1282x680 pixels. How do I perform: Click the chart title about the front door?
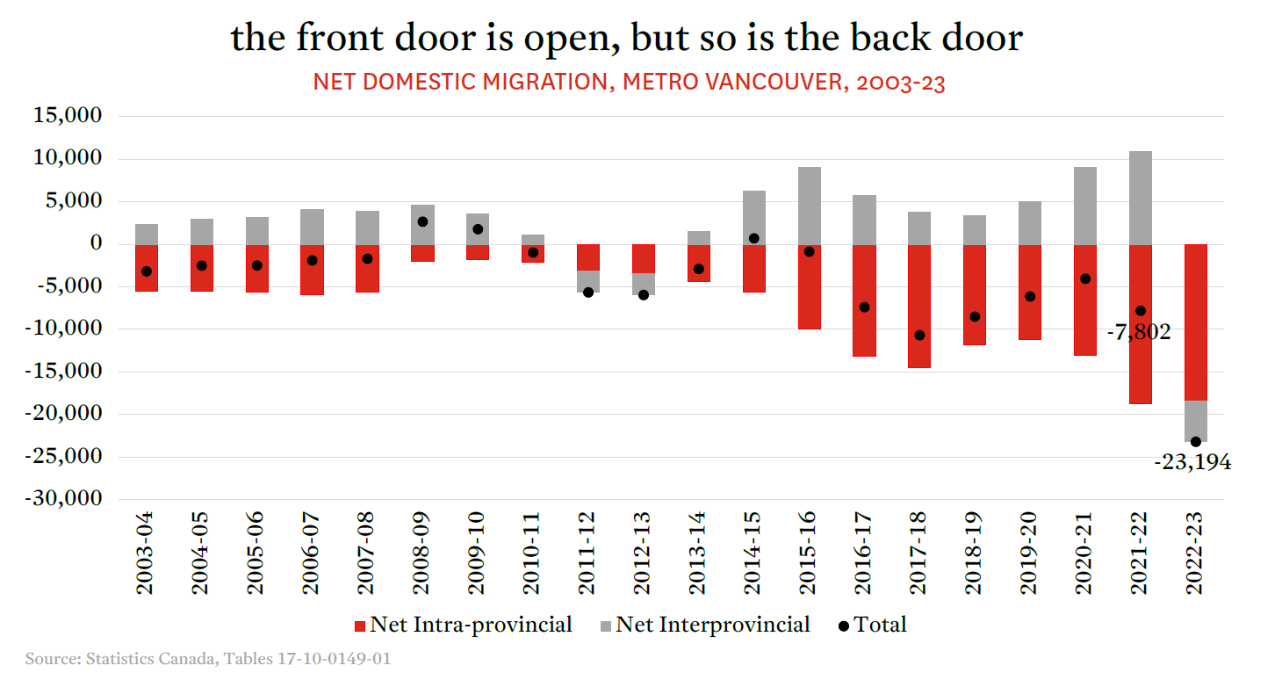click(626, 38)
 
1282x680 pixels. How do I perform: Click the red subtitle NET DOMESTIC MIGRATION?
click(629, 83)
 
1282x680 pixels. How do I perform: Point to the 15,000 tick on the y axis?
click(67, 116)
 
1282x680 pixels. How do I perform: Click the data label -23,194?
click(1192, 462)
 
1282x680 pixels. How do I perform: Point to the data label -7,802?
click(1138, 332)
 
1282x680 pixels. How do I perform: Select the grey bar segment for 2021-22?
click(1140, 198)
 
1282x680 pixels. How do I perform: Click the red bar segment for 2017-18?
click(919, 306)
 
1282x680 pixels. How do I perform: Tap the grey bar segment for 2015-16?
click(809, 206)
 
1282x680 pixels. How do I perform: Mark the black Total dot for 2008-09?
click(422, 221)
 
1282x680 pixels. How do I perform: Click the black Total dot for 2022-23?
click(1196, 442)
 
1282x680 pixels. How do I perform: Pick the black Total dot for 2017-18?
click(919, 335)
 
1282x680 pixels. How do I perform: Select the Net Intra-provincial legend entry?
click(462, 625)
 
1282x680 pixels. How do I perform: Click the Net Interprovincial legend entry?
click(705, 625)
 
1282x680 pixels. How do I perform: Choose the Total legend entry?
click(872, 625)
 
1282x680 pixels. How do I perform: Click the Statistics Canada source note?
click(208, 658)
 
